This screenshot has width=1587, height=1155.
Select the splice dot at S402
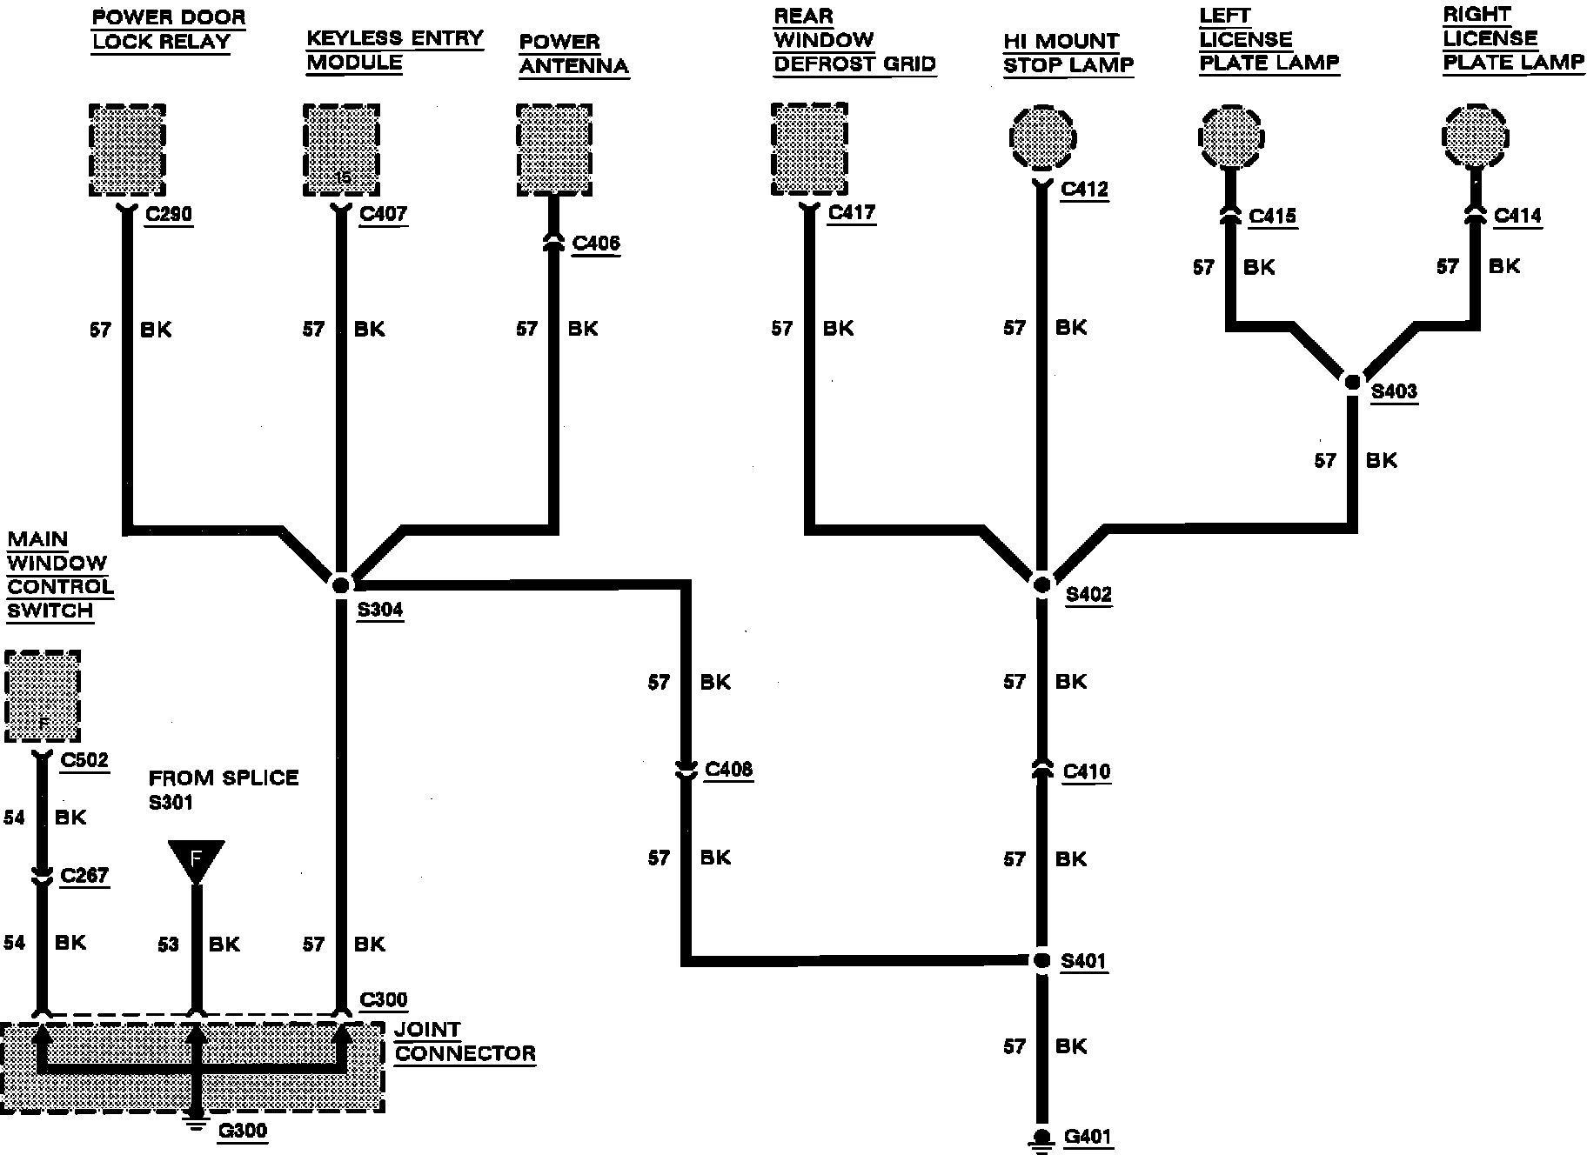pos(1041,584)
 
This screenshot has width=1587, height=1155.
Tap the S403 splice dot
pos(1352,381)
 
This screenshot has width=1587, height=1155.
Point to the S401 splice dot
pos(1041,960)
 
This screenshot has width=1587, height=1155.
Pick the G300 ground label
pos(242,1131)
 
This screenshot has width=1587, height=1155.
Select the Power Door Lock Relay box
pos(127,151)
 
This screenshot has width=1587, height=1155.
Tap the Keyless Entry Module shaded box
pos(341,151)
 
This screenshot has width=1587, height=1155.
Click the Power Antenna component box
pos(554,151)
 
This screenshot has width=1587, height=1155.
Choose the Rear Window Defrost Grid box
pos(809,151)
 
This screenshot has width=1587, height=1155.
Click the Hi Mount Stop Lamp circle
pos(1043,137)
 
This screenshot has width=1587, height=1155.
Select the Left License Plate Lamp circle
pos(1230,137)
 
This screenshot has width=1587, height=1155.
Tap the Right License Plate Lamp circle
pos(1476,137)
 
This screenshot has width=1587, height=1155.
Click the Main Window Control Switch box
pos(43,696)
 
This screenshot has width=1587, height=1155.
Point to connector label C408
pos(728,770)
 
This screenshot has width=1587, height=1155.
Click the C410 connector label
pos(1087,771)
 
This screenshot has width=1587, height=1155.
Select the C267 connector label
pos(84,875)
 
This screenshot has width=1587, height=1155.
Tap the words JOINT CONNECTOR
pos(465,1042)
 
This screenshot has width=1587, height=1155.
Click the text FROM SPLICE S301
pos(223,790)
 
